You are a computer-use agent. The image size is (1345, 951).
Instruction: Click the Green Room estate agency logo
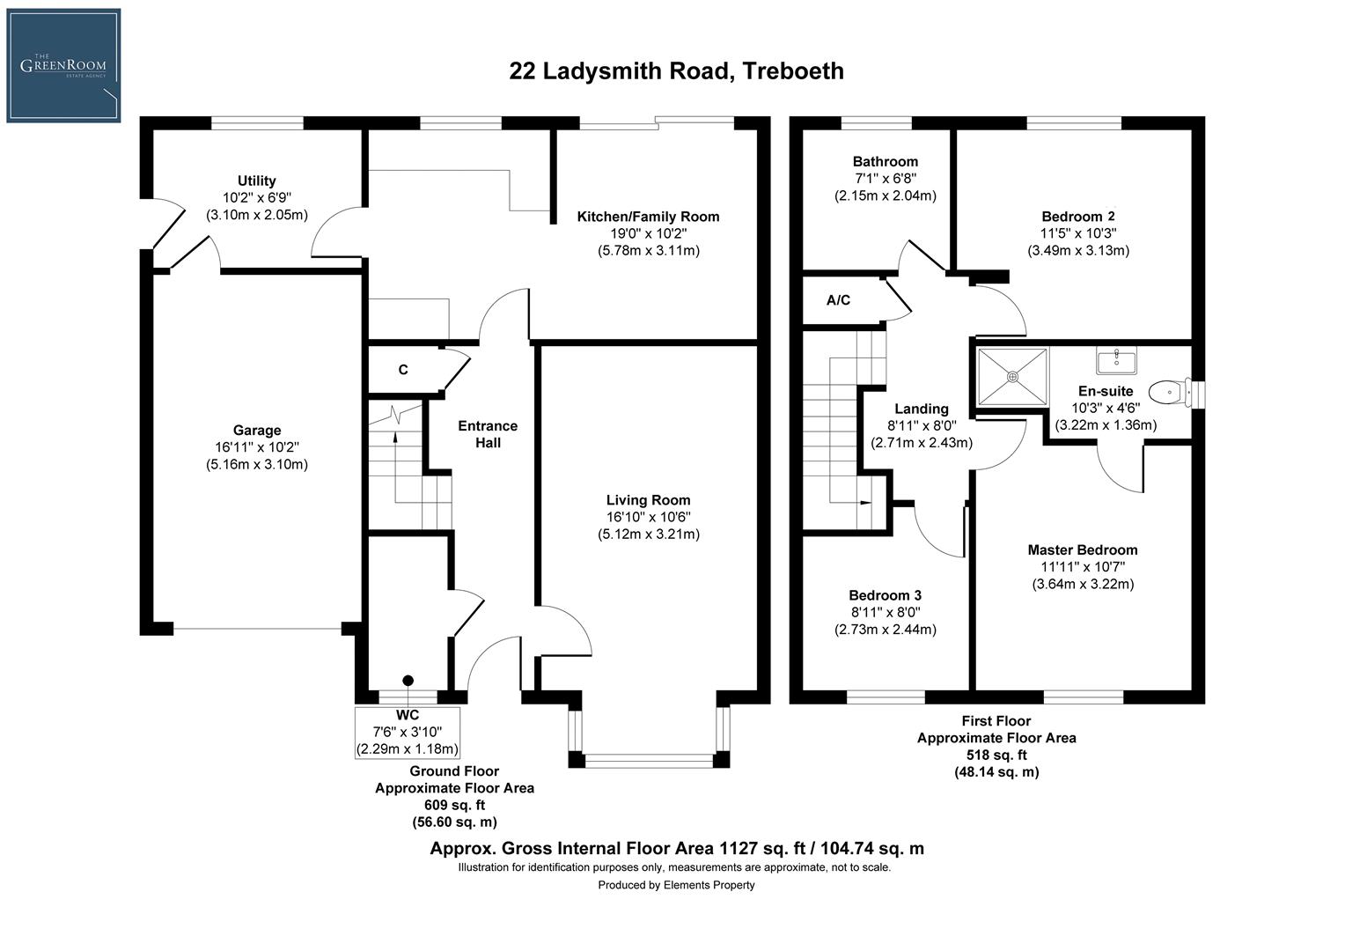click(63, 65)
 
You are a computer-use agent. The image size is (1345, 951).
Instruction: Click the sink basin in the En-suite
click(1116, 360)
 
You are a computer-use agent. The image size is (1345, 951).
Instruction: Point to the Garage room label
click(257, 431)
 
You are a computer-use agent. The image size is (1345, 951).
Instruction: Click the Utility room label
click(257, 181)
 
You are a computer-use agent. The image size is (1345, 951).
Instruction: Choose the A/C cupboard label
click(838, 301)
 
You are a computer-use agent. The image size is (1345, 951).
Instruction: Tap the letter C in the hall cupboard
click(403, 370)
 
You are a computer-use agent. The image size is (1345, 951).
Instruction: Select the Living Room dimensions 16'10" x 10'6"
click(649, 517)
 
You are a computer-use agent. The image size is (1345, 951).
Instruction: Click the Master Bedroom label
click(1083, 550)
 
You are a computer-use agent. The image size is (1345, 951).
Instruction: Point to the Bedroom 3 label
click(886, 595)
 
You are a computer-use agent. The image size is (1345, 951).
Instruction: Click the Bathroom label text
click(886, 162)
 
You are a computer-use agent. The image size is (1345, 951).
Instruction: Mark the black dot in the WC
click(408, 680)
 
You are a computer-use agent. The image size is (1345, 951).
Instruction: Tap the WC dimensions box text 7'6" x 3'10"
click(408, 732)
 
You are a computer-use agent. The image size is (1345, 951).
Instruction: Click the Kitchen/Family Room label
click(648, 217)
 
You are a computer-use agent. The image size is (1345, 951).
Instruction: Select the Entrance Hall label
click(488, 434)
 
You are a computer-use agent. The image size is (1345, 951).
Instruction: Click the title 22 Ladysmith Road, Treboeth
click(676, 70)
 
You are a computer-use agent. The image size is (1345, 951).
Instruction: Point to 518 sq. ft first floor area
click(996, 755)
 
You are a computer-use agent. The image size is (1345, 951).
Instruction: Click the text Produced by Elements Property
click(676, 885)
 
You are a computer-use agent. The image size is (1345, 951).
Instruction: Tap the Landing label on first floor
click(922, 409)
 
